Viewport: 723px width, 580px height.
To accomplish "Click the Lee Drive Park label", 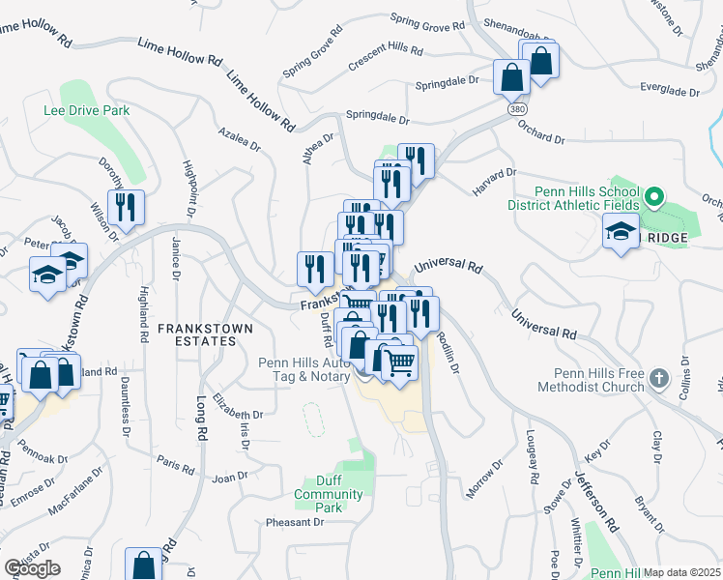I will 86,111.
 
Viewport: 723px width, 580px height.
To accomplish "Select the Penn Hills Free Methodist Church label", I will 598,380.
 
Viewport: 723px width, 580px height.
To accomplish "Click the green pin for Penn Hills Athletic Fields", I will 653,199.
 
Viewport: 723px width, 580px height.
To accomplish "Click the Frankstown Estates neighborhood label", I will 207,334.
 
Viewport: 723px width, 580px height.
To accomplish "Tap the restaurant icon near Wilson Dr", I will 126,207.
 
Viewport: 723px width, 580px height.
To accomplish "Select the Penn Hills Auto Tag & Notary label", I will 304,369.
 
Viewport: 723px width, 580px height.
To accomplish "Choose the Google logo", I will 32,568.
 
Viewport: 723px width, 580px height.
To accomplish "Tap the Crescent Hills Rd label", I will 386,48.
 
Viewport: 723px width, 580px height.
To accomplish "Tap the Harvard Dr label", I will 495,179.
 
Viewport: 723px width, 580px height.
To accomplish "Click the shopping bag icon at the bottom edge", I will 143,565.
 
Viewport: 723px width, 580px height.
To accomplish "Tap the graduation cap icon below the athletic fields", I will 620,232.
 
